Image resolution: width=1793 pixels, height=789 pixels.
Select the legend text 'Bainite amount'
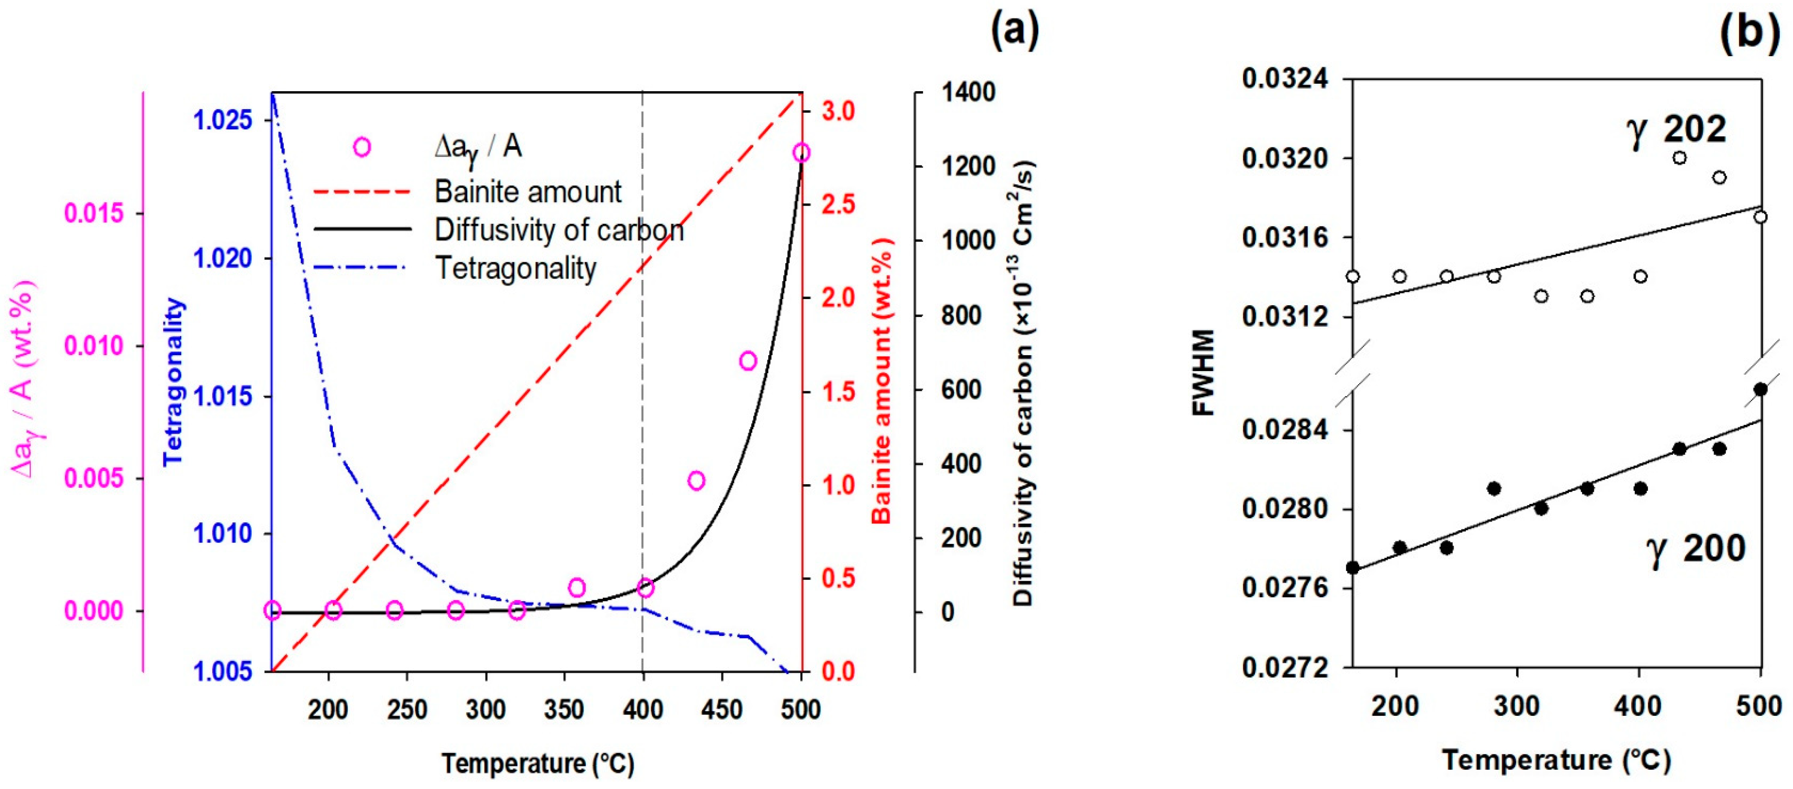[x=528, y=192]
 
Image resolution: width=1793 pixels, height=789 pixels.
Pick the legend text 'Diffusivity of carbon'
[x=559, y=230]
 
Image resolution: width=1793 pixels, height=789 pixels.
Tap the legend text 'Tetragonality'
[x=516, y=268]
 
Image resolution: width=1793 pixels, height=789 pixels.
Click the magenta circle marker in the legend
[x=362, y=147]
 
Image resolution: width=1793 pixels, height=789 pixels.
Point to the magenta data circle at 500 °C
[x=801, y=153]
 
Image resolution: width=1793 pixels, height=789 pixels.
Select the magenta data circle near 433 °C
[x=696, y=481]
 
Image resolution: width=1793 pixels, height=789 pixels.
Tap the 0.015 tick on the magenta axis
[x=94, y=213]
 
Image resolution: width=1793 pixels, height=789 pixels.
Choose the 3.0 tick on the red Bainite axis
[x=838, y=111]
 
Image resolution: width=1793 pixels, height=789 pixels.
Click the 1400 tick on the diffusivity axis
[x=967, y=92]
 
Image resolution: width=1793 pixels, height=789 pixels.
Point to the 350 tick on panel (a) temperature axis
[x=564, y=710]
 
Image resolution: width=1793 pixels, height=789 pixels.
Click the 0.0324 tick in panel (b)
[x=1284, y=79]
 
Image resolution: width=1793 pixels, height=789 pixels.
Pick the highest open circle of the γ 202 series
[x=1679, y=158]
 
